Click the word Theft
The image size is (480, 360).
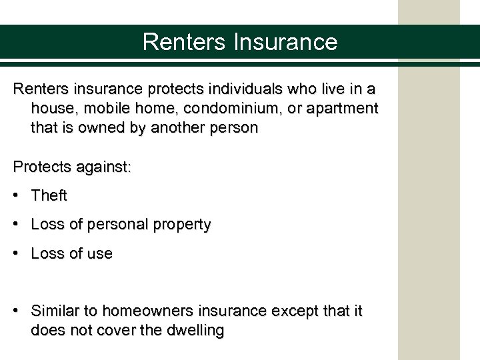(x=49, y=196)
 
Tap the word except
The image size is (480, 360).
(x=295, y=311)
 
